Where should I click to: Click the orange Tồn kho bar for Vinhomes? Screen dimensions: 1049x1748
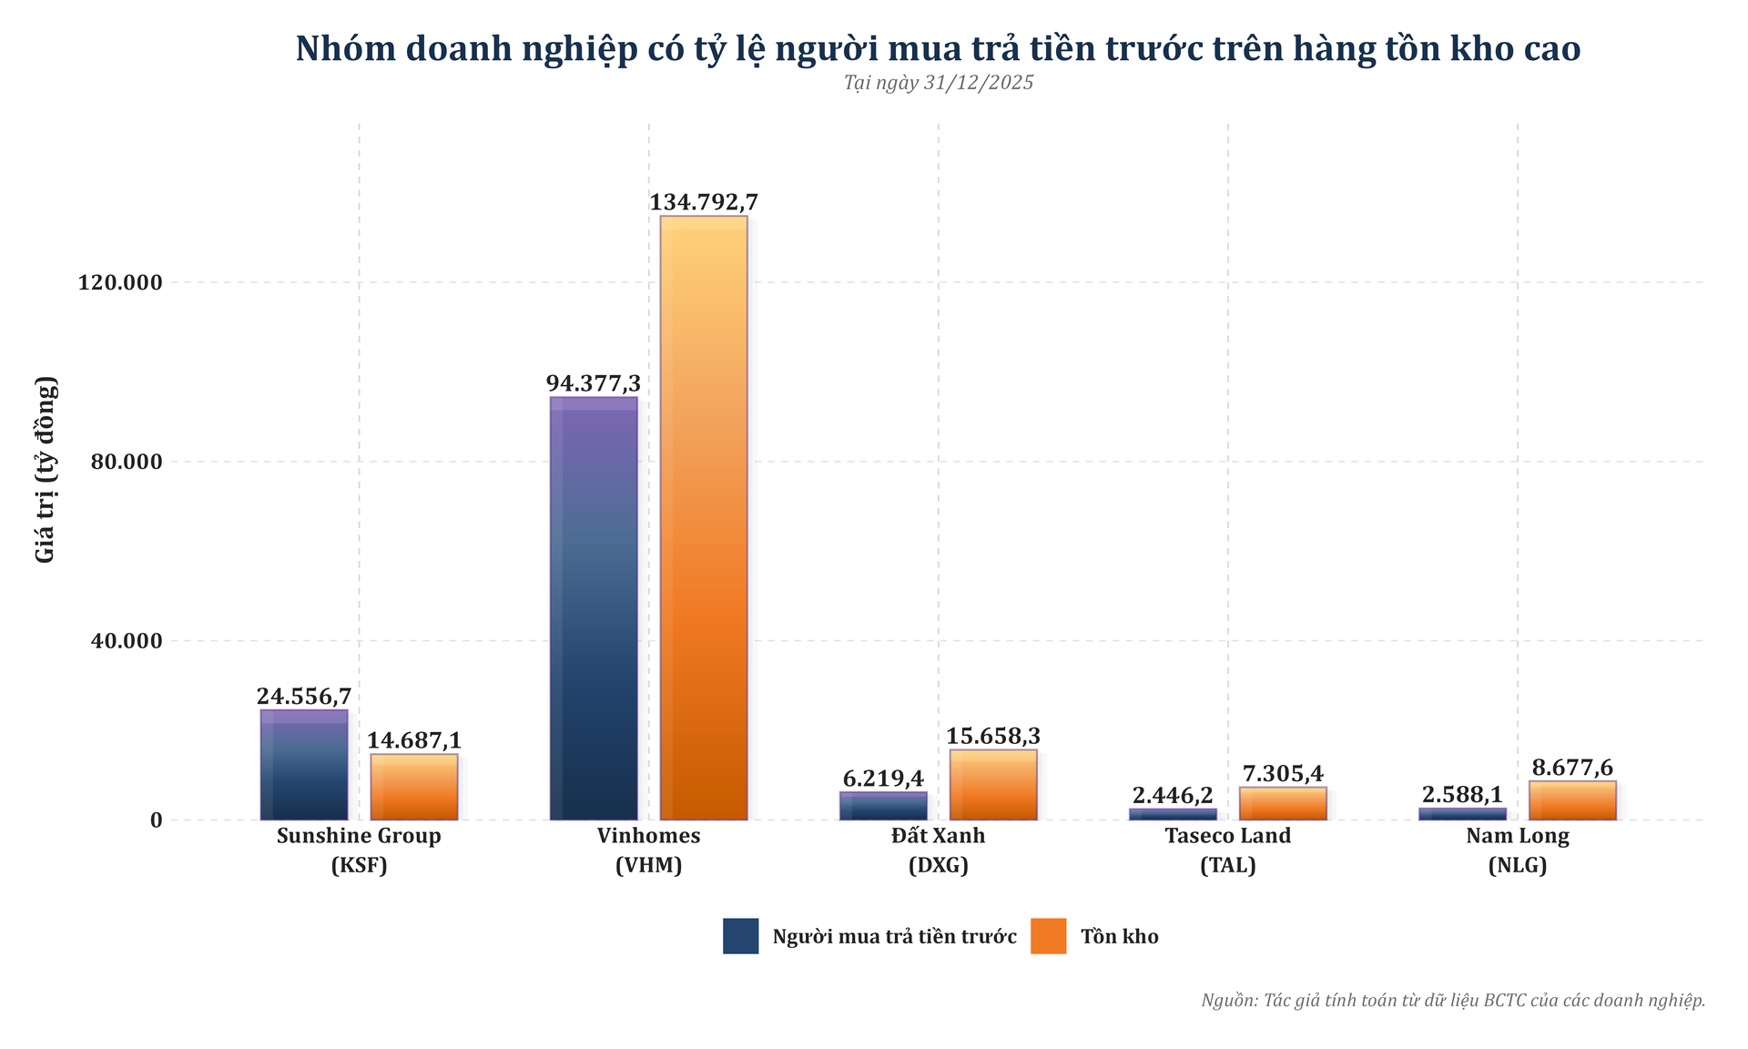703,519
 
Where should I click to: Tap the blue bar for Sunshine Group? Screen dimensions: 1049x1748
304,765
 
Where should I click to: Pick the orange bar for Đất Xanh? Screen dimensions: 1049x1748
992,785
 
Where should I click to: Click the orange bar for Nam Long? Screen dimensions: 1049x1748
1572,800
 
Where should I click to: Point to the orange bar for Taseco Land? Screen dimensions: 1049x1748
1282,804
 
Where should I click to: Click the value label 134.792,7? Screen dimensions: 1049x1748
703,202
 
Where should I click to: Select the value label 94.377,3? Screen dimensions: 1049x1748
594,384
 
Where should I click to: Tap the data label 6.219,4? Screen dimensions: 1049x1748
883,779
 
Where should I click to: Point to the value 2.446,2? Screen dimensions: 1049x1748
1173,795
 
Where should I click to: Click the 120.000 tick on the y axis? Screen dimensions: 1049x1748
120,282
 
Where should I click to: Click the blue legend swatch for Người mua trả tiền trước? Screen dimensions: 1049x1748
740,936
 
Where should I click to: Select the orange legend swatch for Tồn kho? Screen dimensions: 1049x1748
1048,936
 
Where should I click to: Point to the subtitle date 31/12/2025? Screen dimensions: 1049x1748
978,83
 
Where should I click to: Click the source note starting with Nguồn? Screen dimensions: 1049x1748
1452,1000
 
